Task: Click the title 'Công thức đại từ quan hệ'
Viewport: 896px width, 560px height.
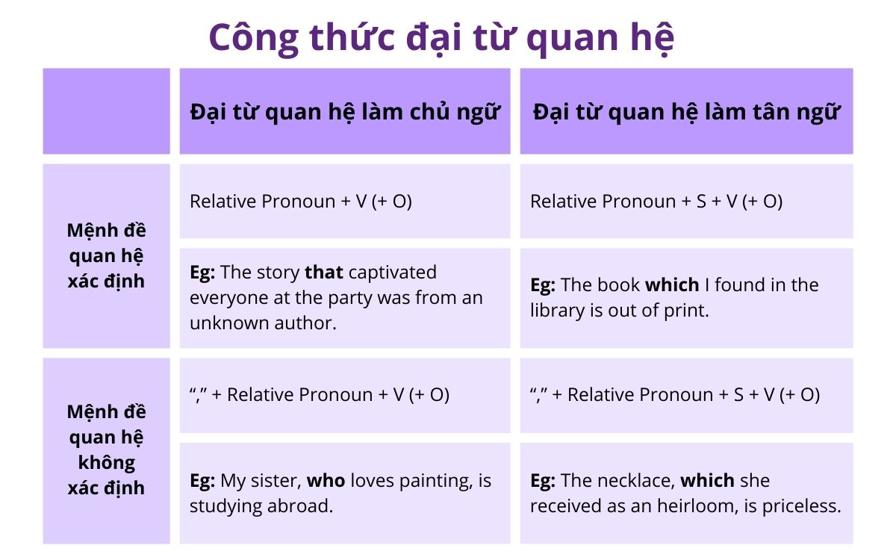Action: pyautogui.click(x=441, y=37)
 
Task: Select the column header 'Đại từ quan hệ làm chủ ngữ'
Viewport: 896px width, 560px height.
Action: pyautogui.click(x=344, y=112)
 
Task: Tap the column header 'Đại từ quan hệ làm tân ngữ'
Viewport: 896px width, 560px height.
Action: pyautogui.click(x=686, y=112)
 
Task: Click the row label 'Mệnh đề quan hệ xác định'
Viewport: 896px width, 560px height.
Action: pyautogui.click(x=106, y=255)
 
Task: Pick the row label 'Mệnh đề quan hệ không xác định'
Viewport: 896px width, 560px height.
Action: pyautogui.click(x=106, y=450)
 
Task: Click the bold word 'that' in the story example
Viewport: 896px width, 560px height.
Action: pyautogui.click(x=324, y=273)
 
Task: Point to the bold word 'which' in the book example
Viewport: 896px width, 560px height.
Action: pyautogui.click(x=672, y=285)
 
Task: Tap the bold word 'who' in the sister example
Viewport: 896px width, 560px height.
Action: pyautogui.click(x=326, y=480)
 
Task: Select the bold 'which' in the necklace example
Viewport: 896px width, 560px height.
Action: pyautogui.click(x=708, y=480)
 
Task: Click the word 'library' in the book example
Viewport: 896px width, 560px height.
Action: pyautogui.click(x=559, y=311)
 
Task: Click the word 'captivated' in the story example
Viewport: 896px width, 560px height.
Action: pyautogui.click(x=393, y=273)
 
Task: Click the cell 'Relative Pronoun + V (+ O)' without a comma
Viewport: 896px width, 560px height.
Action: pyautogui.click(x=301, y=202)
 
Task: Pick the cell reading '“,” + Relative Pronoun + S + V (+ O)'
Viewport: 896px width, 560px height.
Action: pyautogui.click(x=675, y=395)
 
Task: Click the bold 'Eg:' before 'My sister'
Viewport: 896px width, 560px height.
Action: pyautogui.click(x=202, y=480)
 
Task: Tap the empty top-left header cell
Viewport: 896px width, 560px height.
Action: pyautogui.click(x=106, y=111)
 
